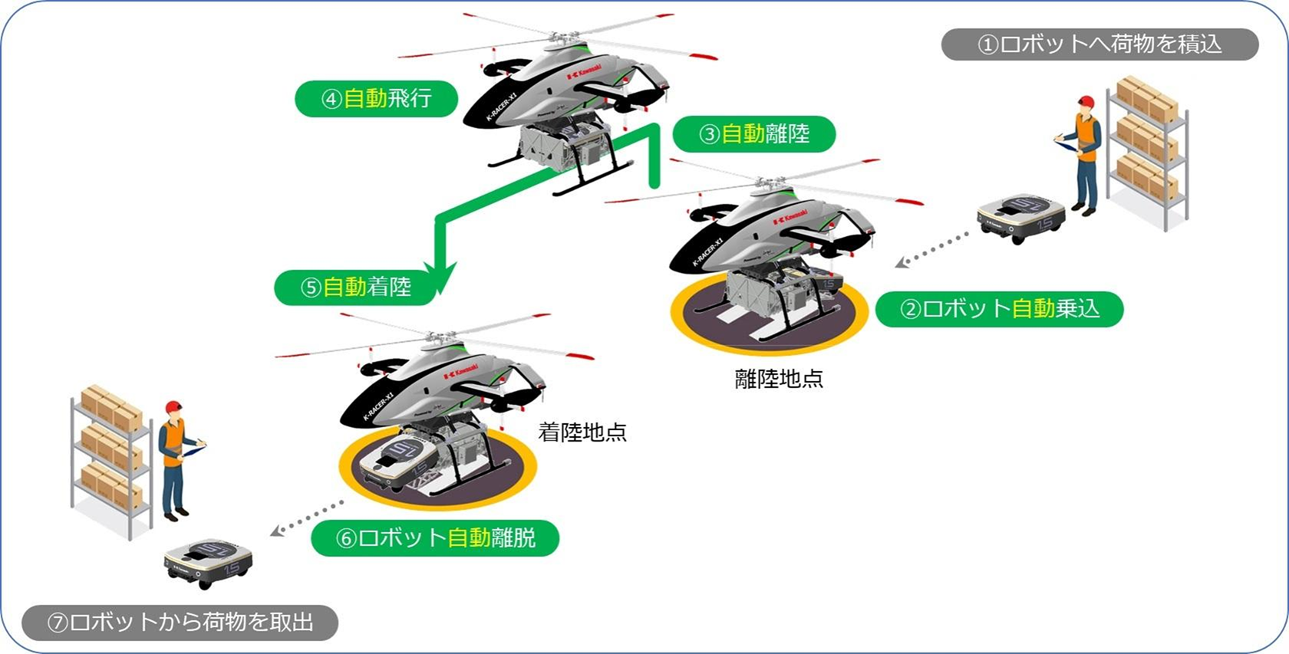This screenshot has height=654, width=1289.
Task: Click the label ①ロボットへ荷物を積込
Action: pos(1099,44)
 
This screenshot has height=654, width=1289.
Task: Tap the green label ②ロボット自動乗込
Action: pos(999,309)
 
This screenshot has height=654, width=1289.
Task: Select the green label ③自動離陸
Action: pos(753,134)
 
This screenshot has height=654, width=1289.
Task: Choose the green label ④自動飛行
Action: pos(376,99)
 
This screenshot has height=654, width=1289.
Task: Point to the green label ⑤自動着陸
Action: pos(355,287)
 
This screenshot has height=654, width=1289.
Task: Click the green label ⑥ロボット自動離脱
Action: pos(434,537)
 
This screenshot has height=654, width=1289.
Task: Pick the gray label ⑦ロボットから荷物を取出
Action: pos(180,622)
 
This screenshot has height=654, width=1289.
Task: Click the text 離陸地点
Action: pos(779,379)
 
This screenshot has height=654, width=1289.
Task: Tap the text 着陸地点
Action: pos(582,432)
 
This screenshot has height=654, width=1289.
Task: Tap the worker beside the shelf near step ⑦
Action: pos(176,460)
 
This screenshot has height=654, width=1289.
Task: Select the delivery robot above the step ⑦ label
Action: pos(208,563)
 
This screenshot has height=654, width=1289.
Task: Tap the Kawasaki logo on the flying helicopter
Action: pos(583,72)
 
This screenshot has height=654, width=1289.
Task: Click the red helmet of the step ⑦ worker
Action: pos(173,406)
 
